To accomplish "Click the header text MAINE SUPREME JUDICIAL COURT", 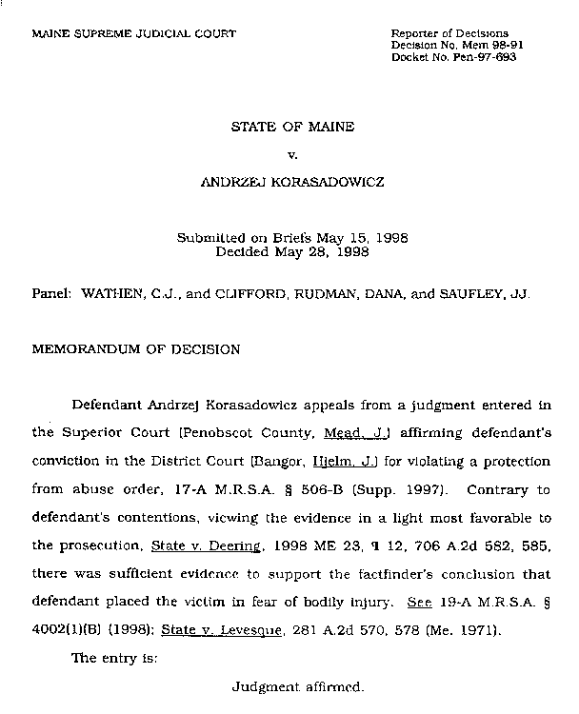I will point(133,33).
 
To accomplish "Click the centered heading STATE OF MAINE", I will point(292,126).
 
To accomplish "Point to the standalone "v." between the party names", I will point(291,153).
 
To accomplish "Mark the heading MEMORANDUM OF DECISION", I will point(136,349).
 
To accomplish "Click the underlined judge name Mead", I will point(341,432).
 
